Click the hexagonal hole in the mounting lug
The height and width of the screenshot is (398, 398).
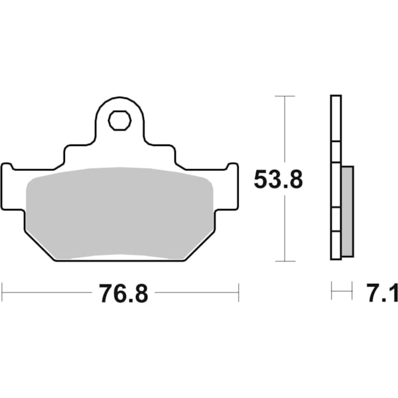[x=119, y=121]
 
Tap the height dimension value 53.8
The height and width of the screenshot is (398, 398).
[x=279, y=179]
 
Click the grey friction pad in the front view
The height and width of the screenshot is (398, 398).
[x=119, y=212]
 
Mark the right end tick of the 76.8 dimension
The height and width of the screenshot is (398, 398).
[x=238, y=290]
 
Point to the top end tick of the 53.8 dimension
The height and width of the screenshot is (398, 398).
[x=285, y=96]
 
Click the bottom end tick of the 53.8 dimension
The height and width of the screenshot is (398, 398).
[x=285, y=261]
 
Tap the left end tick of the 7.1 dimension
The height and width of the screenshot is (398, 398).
[x=332, y=290]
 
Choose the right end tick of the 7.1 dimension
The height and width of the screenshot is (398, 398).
[x=352, y=290]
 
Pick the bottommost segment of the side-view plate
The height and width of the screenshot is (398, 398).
[x=336, y=245]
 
